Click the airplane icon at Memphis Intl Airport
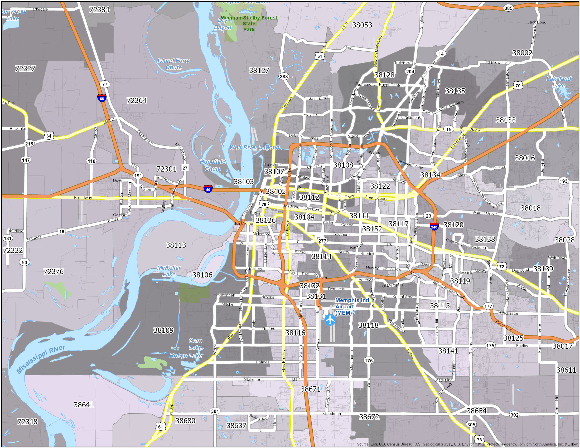(x=330, y=320)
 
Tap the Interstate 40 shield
(x=208, y=189)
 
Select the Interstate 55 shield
(x=102, y=98)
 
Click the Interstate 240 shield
(x=434, y=226)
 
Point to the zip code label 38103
(x=244, y=182)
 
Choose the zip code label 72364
(x=137, y=100)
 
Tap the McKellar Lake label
(x=169, y=271)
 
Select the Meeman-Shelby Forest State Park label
(x=249, y=23)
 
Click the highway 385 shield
(x=508, y=8)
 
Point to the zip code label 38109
(x=163, y=330)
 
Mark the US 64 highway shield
(x=49, y=136)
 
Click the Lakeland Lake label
(x=558, y=82)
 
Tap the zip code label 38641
(x=84, y=405)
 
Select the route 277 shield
(x=322, y=241)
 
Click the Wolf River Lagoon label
(x=254, y=147)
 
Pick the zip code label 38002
(x=522, y=52)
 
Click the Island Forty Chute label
(x=173, y=64)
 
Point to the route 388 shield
(x=284, y=76)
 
